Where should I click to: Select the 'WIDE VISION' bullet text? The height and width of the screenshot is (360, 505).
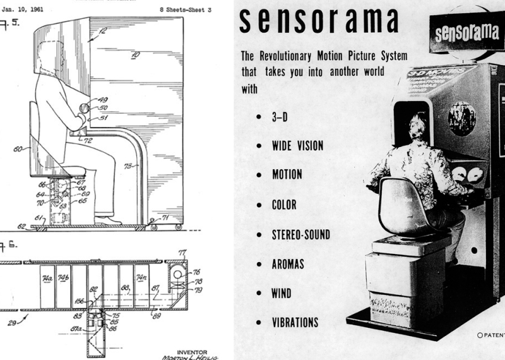point(297,146)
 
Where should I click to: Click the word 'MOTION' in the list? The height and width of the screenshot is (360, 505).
point(287,174)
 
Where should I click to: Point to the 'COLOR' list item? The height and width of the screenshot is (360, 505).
point(284,205)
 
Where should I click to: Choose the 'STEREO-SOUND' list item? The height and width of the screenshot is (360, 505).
point(301,235)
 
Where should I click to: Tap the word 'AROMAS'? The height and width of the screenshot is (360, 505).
point(288,264)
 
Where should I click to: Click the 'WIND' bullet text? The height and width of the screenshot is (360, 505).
point(282,294)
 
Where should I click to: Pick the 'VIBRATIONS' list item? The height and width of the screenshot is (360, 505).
point(295,323)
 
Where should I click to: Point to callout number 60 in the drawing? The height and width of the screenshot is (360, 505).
point(18,150)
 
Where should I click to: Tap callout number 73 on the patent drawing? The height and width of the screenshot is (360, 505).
point(130,166)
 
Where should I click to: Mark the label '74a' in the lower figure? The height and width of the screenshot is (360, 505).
point(46,277)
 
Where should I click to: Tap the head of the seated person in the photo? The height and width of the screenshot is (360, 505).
point(417,126)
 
